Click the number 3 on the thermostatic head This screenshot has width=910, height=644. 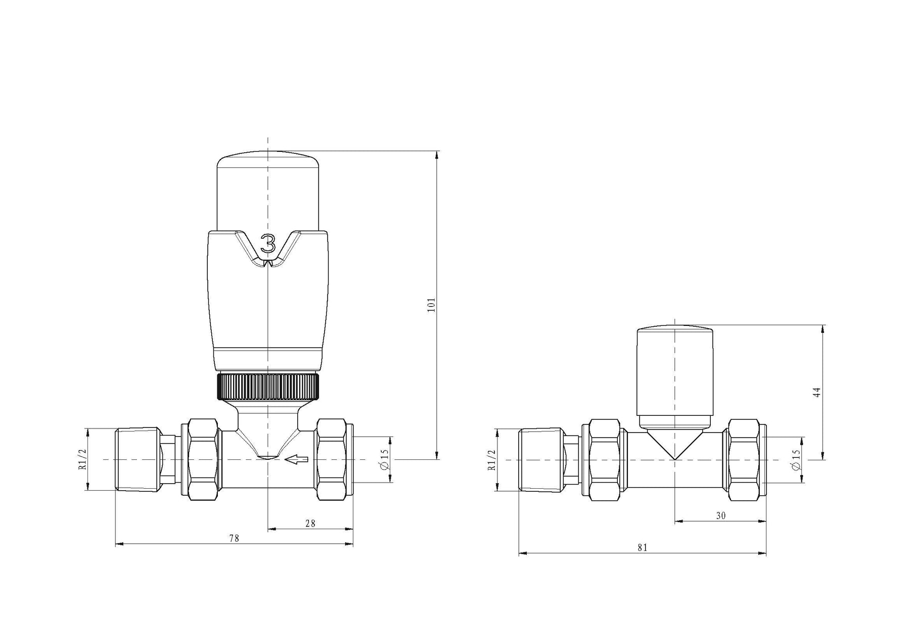click(x=268, y=244)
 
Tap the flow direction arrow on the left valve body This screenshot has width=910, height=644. click(x=297, y=459)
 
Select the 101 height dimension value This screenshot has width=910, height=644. click(x=431, y=305)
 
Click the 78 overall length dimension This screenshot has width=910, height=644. click(x=234, y=538)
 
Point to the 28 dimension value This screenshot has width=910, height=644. click(x=310, y=524)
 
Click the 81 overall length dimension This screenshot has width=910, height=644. click(x=643, y=547)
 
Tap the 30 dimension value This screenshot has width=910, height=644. click(x=721, y=516)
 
